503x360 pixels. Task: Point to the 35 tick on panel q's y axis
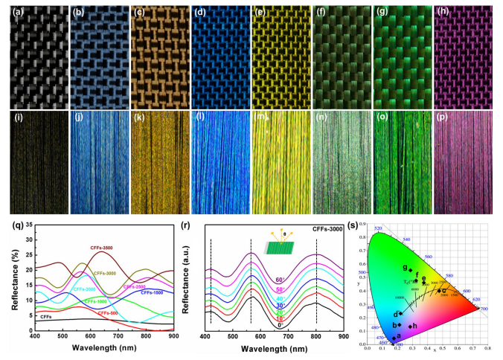click(x=28, y=224)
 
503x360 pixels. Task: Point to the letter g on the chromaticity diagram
click(x=405, y=266)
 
